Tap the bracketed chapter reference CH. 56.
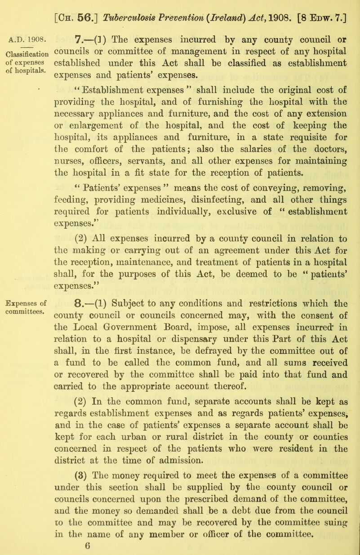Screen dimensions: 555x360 (x=82, y=9)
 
